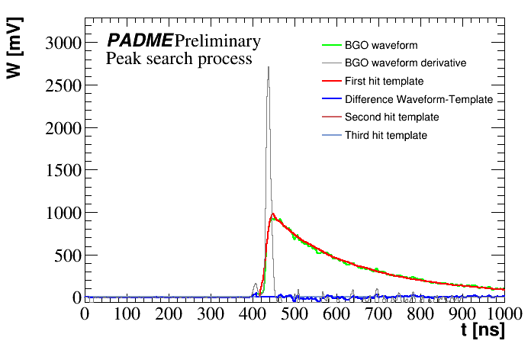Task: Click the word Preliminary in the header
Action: (x=217, y=40)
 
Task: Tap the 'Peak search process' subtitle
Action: (x=179, y=59)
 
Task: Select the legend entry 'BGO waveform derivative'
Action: (x=405, y=63)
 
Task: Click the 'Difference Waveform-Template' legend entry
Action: (x=418, y=99)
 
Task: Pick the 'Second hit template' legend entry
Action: (x=391, y=117)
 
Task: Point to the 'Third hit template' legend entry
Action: (x=385, y=135)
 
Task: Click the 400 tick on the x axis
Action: (x=253, y=313)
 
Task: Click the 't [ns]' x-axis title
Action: (x=482, y=333)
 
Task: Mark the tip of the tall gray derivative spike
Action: (x=268, y=66)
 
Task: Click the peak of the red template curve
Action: (x=272, y=214)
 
